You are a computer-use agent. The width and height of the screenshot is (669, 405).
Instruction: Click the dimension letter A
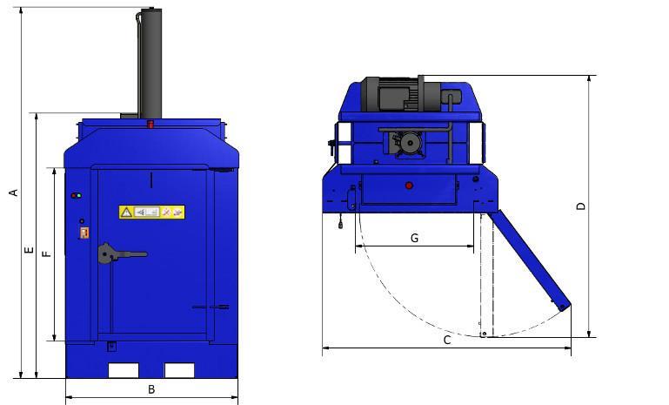click(14, 192)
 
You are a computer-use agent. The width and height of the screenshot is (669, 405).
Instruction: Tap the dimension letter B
click(151, 389)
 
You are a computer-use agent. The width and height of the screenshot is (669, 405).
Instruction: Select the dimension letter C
click(446, 340)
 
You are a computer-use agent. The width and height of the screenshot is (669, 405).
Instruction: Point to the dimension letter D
click(581, 206)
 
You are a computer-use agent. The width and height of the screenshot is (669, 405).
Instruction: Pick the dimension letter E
click(29, 250)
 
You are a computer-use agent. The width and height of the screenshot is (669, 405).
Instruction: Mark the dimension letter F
click(46, 253)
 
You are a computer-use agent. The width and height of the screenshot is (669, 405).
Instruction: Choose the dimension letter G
click(414, 238)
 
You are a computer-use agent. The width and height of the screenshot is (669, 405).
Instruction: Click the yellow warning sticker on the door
click(151, 212)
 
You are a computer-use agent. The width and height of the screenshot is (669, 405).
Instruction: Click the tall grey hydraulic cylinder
click(151, 64)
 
